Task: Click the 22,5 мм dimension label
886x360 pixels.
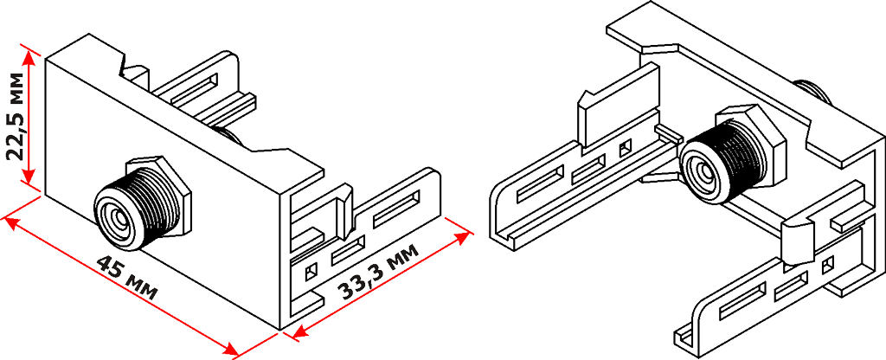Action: (15, 118)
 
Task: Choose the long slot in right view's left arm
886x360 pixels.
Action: (541, 186)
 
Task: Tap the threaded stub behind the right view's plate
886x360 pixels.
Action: (813, 89)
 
